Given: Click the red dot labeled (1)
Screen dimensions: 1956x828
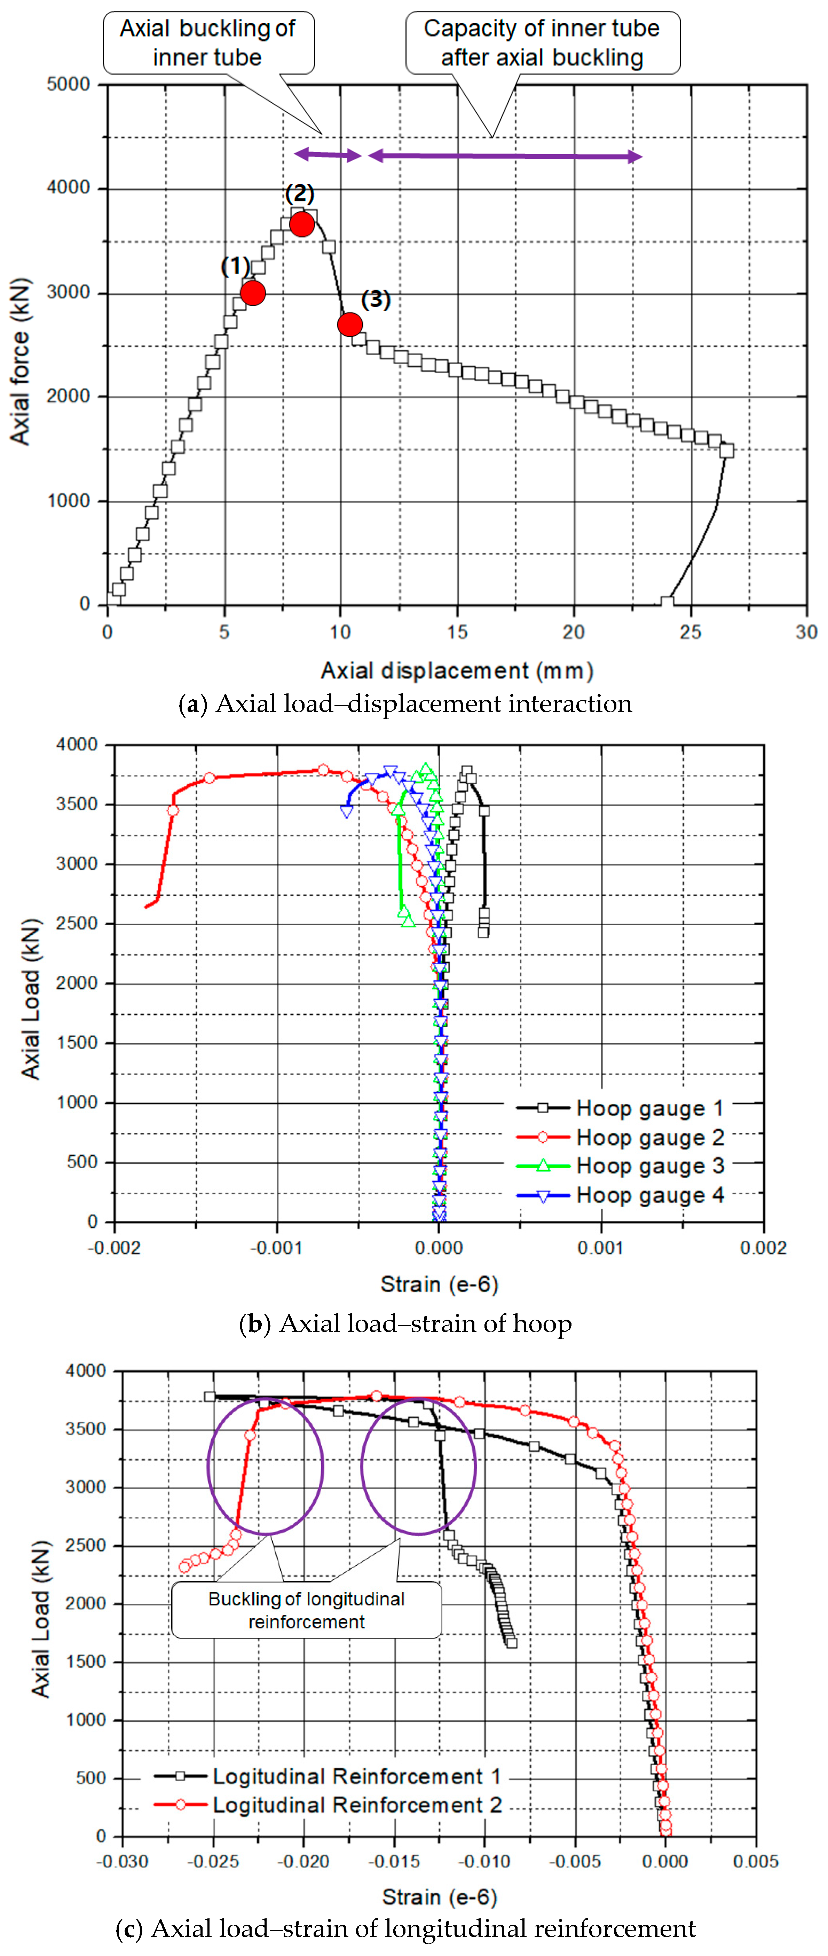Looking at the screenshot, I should tap(252, 292).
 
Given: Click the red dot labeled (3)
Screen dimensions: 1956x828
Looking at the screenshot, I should tap(350, 324).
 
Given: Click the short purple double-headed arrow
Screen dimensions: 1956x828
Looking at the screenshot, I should tap(328, 155).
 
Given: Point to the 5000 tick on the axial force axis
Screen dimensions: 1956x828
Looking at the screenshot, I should tap(68, 84).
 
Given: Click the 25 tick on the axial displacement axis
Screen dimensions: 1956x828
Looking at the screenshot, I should tap(690, 632).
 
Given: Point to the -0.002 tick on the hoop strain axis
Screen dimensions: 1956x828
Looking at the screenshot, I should tap(114, 1248).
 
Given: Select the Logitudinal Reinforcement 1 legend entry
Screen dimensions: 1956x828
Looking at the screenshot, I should tap(328, 1776).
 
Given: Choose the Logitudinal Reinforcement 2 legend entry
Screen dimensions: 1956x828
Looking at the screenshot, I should tap(328, 1805).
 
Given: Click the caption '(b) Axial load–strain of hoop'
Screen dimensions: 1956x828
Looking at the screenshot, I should tap(405, 1323).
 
